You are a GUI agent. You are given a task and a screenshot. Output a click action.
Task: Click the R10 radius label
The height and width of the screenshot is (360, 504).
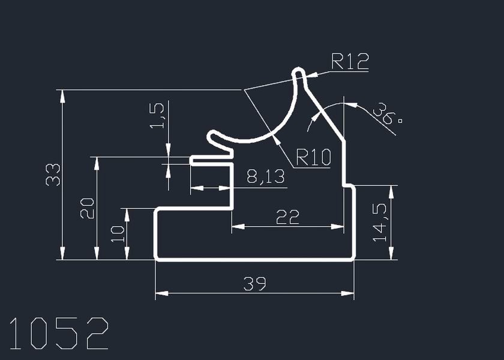313,158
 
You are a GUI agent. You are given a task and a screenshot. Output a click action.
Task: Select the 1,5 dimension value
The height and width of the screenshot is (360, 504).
157,116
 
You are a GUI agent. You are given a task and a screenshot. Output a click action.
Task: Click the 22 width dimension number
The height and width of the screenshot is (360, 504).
287,217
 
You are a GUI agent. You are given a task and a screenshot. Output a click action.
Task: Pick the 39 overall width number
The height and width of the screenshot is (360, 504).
254,284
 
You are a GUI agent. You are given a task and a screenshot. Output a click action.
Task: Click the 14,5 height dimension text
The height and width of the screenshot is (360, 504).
380,222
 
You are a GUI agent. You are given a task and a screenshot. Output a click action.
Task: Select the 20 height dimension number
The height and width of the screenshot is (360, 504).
87,208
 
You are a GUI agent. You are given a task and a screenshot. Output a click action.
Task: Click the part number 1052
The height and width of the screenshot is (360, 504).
59,334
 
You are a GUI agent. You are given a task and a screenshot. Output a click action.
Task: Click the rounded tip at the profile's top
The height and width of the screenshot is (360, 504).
298,73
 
